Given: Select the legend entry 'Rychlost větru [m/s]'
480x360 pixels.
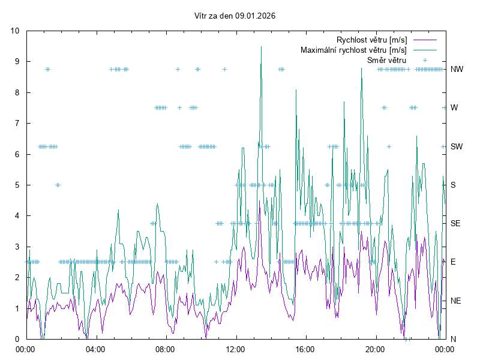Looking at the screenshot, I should [x=372, y=40].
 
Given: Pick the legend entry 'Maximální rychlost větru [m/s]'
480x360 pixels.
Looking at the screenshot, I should [x=354, y=50].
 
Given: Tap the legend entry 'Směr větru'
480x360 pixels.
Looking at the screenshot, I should [x=386, y=60].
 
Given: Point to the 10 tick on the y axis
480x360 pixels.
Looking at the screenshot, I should [x=15, y=31].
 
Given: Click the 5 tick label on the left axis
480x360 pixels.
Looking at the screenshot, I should [x=17, y=185].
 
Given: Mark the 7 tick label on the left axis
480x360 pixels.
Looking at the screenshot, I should [x=17, y=124].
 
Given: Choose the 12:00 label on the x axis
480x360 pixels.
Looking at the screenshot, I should [x=235, y=349].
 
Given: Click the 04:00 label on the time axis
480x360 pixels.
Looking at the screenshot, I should [x=95, y=349].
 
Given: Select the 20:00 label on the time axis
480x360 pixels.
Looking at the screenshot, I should [x=375, y=349].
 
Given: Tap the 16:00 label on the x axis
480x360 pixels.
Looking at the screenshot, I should [x=305, y=349].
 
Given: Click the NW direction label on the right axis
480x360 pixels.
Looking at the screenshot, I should [x=457, y=70].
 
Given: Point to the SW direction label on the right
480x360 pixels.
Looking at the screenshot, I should [x=457, y=146].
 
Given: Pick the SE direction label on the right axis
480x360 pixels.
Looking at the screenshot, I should [x=455, y=223].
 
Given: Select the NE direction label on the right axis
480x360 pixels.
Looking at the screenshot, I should [x=456, y=300].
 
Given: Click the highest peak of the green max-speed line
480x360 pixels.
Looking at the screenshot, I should [x=261, y=47].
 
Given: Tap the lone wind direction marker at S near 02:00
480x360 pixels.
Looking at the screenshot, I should [x=58, y=185].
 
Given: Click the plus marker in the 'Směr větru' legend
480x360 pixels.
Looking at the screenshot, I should [x=425, y=60].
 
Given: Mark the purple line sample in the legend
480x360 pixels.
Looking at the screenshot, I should [x=425, y=40].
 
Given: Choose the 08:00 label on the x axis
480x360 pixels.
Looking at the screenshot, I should [x=165, y=349].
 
